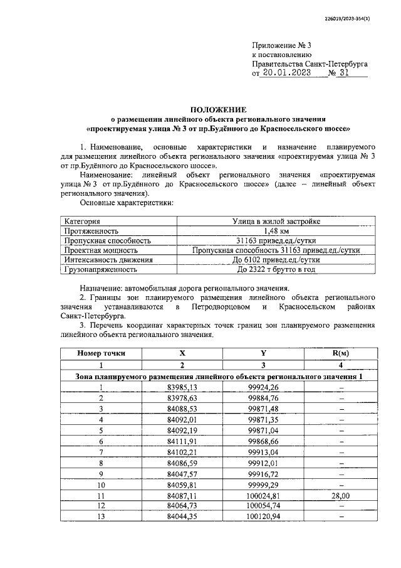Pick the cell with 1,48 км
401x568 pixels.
click(276, 230)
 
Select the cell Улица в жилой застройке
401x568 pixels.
click(276, 221)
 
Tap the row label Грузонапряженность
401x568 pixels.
click(100, 269)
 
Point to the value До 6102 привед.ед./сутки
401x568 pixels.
click(276, 259)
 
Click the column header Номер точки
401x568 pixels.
click(101, 353)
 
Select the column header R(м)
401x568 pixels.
click(340, 353)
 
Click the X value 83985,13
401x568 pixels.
click(182, 387)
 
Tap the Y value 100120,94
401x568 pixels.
click(264, 516)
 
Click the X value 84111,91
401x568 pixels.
click(182, 441)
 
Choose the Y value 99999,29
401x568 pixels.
click(264, 484)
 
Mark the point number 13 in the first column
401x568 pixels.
click(101, 516)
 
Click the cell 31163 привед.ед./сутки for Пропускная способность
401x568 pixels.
click(276, 240)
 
